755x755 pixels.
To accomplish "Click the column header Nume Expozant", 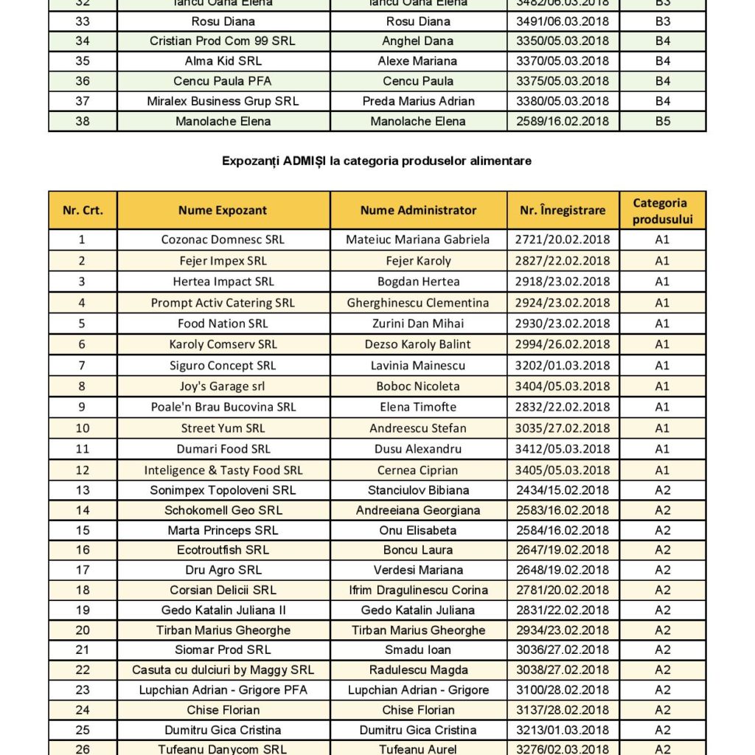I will pyautogui.click(x=223, y=210).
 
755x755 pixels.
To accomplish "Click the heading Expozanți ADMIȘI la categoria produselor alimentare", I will pyautogui.click(x=377, y=160).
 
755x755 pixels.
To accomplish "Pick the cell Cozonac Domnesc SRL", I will pyautogui.click(x=223, y=240).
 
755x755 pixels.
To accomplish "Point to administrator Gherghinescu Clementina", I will pyautogui.click(x=418, y=303).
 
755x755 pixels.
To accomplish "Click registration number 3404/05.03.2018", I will pyautogui.click(x=563, y=386).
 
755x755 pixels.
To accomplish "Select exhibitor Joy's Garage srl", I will pyautogui.click(x=223, y=386).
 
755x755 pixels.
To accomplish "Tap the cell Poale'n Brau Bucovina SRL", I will pyautogui.click(x=223, y=407).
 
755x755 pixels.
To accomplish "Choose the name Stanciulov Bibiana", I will pyautogui.click(x=418, y=490).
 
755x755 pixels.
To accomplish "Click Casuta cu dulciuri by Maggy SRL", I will pyautogui.click(x=223, y=670).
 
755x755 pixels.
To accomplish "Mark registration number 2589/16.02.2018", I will pyautogui.click(x=563, y=121).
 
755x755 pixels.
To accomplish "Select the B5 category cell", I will pyautogui.click(x=663, y=121).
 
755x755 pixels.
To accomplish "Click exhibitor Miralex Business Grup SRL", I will pyautogui.click(x=223, y=101).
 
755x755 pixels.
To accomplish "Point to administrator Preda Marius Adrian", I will pyautogui.click(x=418, y=101).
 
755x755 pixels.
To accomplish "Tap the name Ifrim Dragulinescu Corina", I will pyautogui.click(x=418, y=591).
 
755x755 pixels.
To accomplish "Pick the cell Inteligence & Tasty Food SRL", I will pyautogui.click(x=223, y=470).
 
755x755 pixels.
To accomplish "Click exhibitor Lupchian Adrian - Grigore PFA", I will pyautogui.click(x=223, y=690).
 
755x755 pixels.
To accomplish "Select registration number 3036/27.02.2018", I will pyautogui.click(x=563, y=650).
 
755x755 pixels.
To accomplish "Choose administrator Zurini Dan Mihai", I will pyautogui.click(x=418, y=324).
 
